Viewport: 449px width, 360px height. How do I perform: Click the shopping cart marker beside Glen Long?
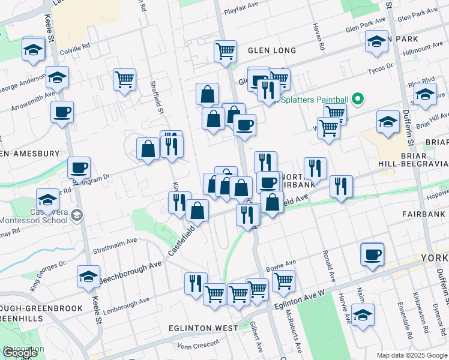pos(225,52)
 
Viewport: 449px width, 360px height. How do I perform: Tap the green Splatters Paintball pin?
pos(358,98)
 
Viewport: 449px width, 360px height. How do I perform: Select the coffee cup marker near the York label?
pos(372,254)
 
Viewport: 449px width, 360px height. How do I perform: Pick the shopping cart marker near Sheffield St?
pos(124,79)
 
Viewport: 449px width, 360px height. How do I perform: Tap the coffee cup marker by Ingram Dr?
pos(79,168)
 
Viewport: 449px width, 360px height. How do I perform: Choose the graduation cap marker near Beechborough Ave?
pos(89,277)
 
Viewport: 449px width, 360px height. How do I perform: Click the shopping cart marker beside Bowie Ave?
pos(283,280)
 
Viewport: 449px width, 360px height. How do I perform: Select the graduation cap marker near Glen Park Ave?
pos(376,42)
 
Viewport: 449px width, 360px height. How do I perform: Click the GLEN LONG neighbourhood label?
pos(272,50)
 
